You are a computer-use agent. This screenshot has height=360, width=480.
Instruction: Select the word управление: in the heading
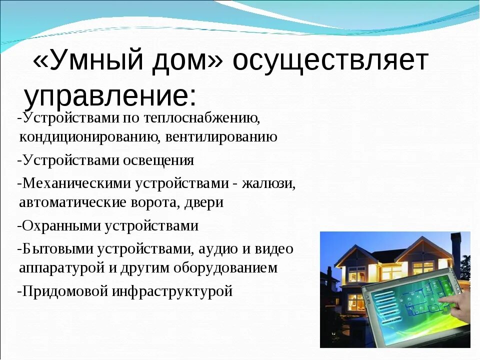click(x=110, y=96)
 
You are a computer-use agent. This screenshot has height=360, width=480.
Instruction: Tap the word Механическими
click(x=77, y=183)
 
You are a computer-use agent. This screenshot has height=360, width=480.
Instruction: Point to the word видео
click(x=273, y=249)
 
